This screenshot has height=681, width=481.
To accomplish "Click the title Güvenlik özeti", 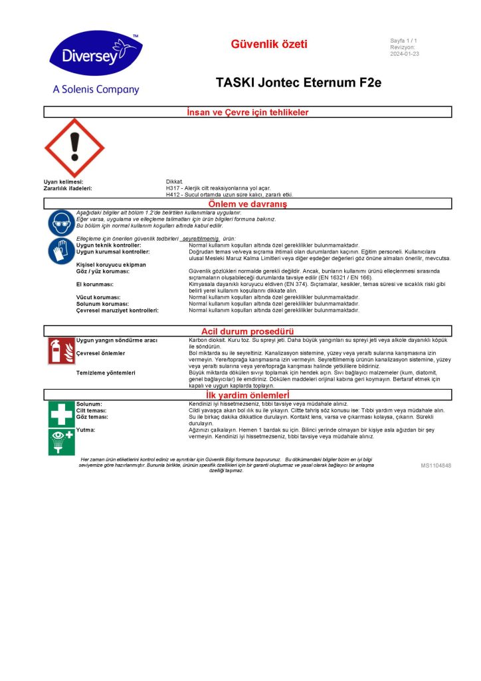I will tap(269, 45).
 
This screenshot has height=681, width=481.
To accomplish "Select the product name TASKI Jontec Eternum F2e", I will tap(298, 83).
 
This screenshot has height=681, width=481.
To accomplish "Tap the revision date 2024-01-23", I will tap(405, 54).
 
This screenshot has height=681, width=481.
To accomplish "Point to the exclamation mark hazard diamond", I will tap(74, 148).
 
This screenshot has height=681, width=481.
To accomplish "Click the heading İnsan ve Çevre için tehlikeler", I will tap(248, 112).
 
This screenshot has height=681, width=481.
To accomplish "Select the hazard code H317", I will tap(175, 188).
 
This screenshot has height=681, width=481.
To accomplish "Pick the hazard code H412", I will tap(175, 195).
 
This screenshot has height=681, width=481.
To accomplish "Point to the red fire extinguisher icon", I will tap(61, 351).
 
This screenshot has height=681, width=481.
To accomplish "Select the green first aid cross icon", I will tap(61, 414).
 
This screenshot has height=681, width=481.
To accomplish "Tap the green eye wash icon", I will tap(61, 441).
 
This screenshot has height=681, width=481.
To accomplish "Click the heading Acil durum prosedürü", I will tap(248, 331).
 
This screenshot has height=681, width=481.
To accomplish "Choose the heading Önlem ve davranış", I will tap(248, 204).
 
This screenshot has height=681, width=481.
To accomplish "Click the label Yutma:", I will tap(86, 430).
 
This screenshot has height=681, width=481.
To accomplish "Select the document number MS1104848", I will tap(436, 466).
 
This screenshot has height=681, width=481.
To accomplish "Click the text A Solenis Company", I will tap(96, 90).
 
